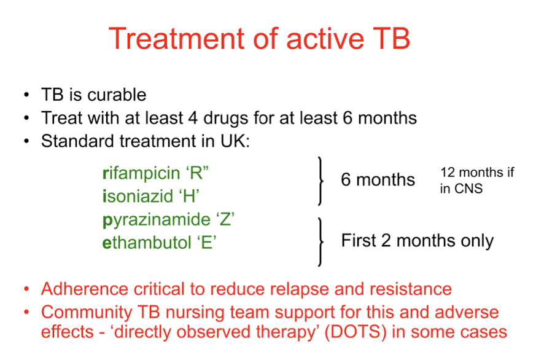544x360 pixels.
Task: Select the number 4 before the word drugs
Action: coord(193,118)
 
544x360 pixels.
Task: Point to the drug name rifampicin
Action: coord(141,173)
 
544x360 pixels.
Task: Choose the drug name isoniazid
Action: coord(138,196)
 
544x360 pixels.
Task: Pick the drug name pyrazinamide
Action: coord(157,220)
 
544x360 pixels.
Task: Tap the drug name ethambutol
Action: coord(147,242)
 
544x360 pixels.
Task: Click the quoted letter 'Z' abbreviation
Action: coord(225,219)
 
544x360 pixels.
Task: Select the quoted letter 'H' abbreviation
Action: coord(189,196)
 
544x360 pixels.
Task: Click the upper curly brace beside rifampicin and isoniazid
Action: coord(321,181)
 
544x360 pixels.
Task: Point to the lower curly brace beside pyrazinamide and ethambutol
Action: coord(321,242)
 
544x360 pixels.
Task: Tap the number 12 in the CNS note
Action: coord(447,172)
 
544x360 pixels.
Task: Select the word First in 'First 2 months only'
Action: coord(359,240)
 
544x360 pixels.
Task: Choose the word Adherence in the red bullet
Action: coord(85,289)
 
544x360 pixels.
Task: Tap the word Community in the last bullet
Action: coord(87,312)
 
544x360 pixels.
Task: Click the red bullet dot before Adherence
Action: coord(27,289)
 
